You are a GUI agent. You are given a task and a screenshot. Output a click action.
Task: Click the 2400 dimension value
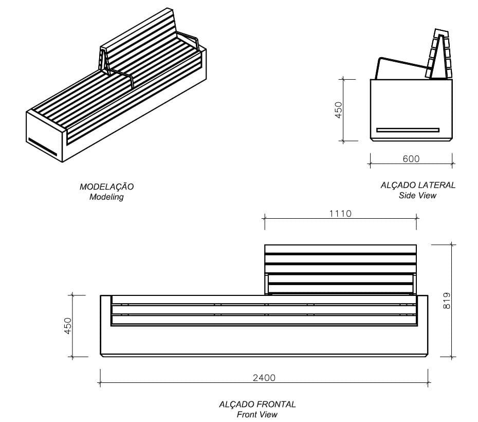[x=264, y=378]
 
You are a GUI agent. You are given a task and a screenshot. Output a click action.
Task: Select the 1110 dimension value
[x=340, y=213]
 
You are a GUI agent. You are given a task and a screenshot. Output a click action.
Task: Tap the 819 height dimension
[x=446, y=301]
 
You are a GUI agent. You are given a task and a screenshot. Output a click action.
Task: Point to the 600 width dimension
[x=411, y=159]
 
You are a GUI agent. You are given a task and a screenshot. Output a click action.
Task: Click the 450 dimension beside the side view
[x=338, y=110]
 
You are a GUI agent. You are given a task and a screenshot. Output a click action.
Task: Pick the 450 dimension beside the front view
[x=68, y=326]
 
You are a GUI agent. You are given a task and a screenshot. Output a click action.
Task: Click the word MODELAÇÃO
[x=106, y=187]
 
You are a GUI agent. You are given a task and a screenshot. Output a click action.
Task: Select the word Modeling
[x=106, y=197]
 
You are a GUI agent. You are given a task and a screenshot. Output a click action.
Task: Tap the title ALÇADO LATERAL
[x=418, y=185]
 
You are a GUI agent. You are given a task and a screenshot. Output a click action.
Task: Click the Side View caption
[x=418, y=195]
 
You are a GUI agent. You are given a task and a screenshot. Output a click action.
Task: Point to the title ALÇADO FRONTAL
[x=257, y=405]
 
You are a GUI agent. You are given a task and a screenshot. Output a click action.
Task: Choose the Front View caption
[x=257, y=414]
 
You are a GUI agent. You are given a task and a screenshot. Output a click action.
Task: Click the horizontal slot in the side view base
[x=408, y=130]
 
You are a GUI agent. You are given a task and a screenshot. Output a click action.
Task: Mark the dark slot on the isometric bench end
[x=43, y=146]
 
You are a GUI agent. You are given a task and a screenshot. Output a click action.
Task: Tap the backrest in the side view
[x=438, y=54]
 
